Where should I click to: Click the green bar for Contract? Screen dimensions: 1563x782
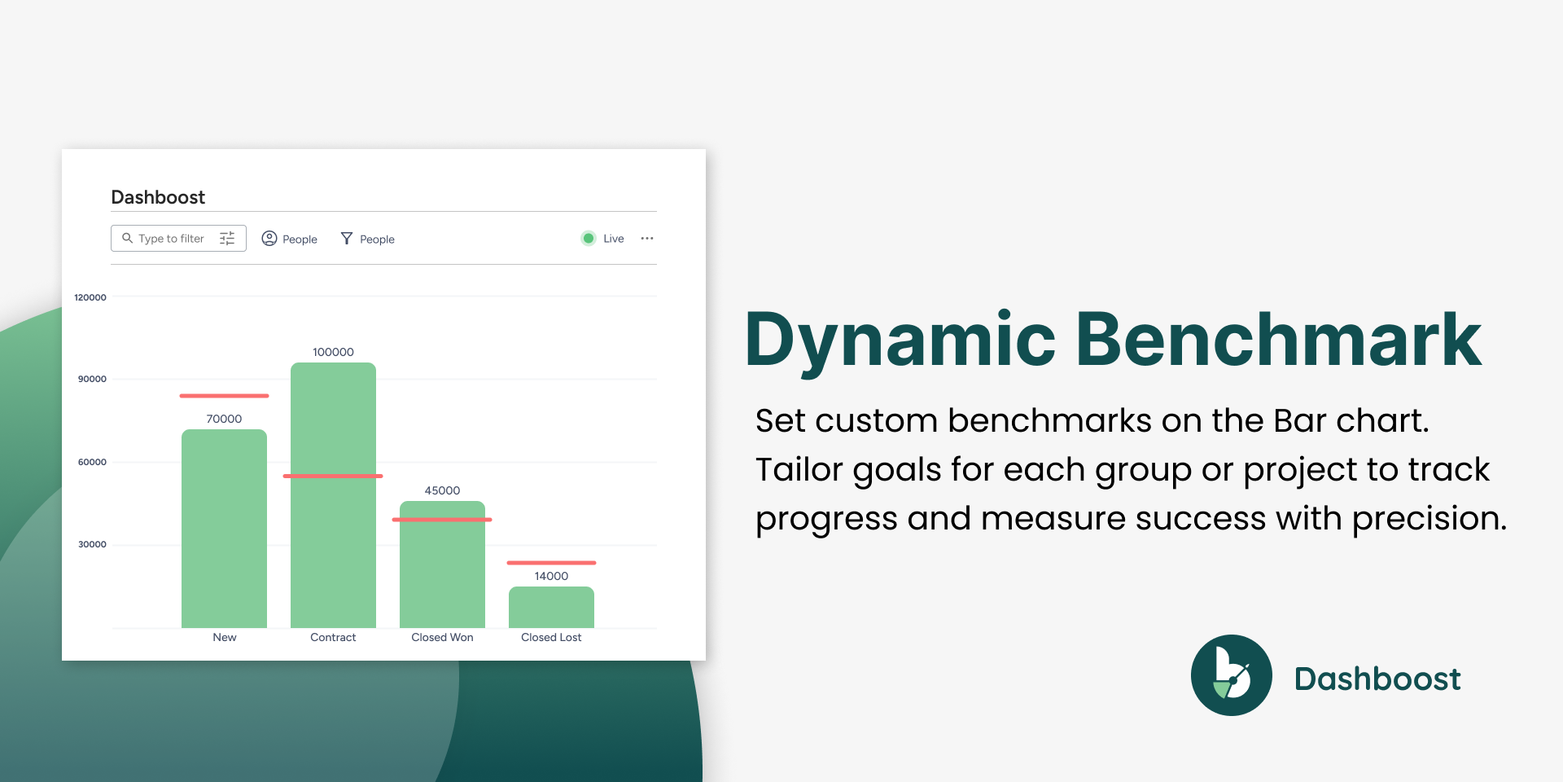[x=333, y=495]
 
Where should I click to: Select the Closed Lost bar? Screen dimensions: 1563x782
[x=551, y=607]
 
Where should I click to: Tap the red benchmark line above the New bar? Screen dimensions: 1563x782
[x=224, y=396]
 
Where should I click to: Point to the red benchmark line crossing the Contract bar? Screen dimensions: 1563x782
[x=333, y=476]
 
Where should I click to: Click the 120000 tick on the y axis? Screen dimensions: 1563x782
[x=90, y=297]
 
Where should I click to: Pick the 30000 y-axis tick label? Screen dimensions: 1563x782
[x=92, y=544]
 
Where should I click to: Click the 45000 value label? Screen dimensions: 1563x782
[x=442, y=490]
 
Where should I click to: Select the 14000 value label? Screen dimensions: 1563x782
[x=551, y=576]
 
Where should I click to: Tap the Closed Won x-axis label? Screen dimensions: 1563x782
[x=442, y=637]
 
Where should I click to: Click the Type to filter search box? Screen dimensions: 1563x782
[x=178, y=238]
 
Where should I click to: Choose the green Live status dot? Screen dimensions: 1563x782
[x=589, y=239]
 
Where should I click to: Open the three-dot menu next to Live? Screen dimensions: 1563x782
[x=647, y=239]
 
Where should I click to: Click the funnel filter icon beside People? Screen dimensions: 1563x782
[x=347, y=238]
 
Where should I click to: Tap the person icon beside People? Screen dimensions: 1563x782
[x=269, y=238]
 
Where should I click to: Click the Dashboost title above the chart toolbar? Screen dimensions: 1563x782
[x=158, y=197]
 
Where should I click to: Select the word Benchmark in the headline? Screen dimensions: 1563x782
[x=1278, y=339]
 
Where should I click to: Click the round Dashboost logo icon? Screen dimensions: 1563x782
[x=1232, y=675]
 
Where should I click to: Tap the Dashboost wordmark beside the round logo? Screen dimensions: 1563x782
[x=1377, y=679]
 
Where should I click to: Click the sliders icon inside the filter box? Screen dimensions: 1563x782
[x=227, y=238]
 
